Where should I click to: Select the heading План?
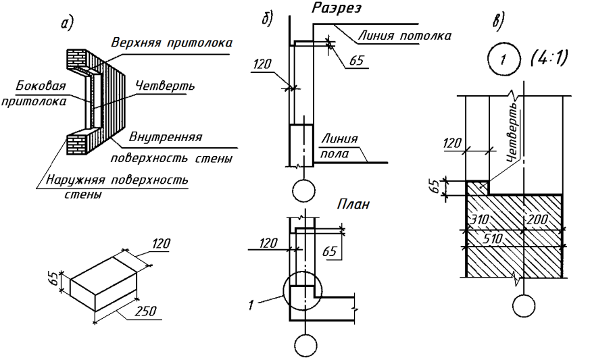353,205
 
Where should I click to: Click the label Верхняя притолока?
172,43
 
